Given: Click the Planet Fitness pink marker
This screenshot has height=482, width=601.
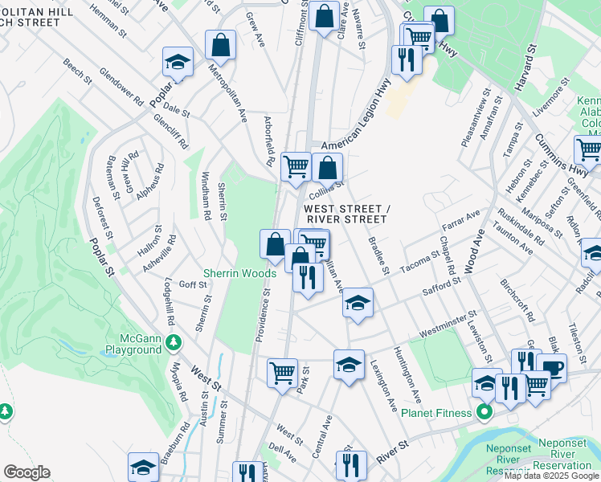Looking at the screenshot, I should (x=484, y=414).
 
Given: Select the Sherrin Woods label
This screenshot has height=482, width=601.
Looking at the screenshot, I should (x=239, y=273).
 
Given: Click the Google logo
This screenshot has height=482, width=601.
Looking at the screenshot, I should (x=27, y=472).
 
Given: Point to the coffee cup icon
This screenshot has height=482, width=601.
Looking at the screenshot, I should (x=551, y=368).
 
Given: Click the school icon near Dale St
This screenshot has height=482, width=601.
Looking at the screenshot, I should (x=178, y=62).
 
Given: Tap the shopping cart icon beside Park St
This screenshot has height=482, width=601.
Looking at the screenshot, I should (x=282, y=372).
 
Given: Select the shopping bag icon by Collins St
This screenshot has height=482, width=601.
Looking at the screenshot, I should (x=327, y=168).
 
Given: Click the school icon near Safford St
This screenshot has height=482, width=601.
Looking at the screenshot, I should (x=358, y=303).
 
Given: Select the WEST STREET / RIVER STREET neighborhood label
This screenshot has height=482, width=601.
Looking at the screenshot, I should (x=347, y=214).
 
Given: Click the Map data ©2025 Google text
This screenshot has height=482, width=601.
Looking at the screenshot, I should (x=551, y=476).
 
